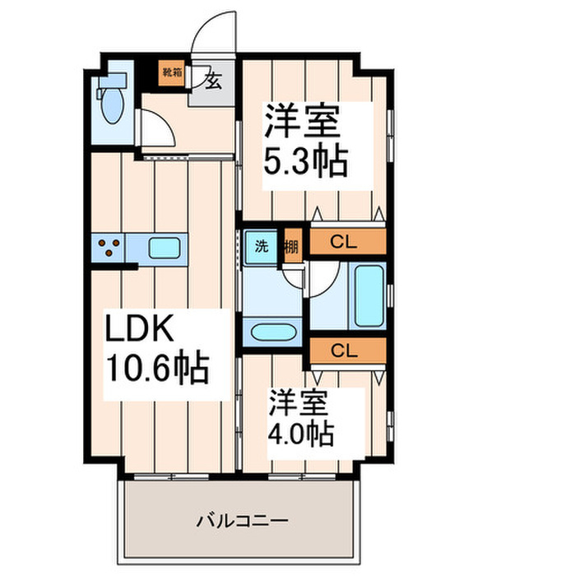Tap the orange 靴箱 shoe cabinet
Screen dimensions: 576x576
point(172,73)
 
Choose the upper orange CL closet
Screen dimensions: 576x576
point(347,241)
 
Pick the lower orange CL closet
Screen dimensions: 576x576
point(347,350)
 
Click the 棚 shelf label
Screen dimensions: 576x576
point(291,245)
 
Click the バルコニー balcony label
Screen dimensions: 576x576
point(242,521)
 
